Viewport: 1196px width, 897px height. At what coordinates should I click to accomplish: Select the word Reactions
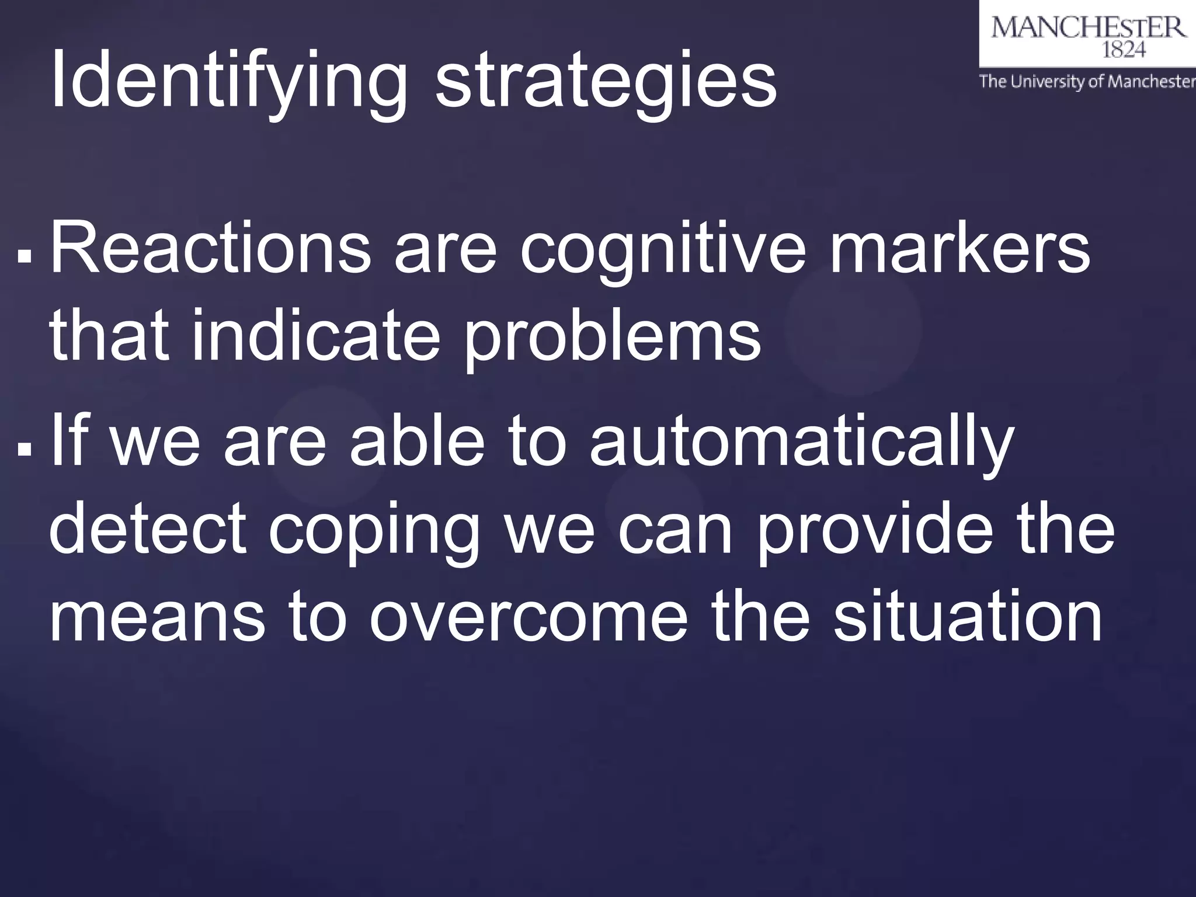211,248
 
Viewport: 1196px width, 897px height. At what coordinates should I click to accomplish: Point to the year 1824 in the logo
1123,51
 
